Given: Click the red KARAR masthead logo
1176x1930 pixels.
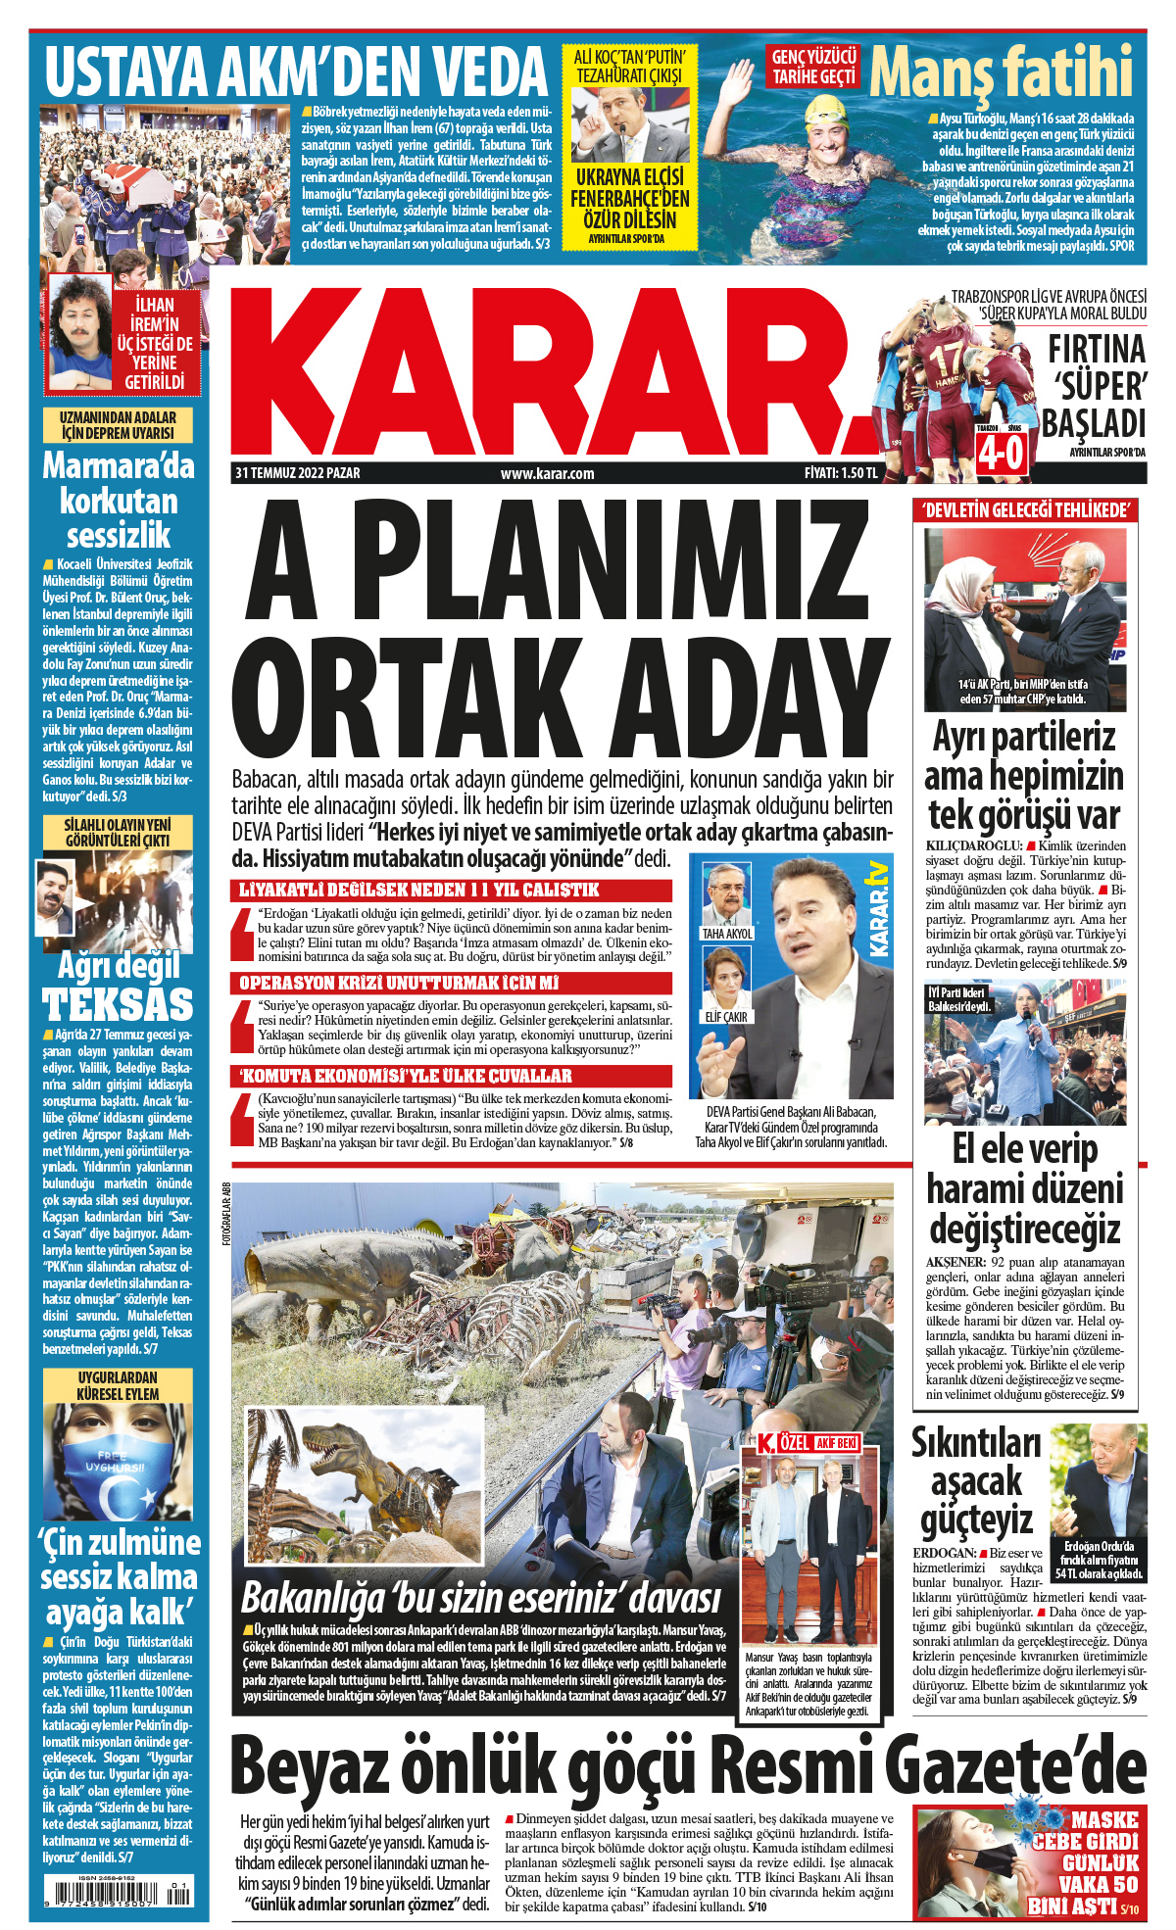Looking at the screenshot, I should point(549,372).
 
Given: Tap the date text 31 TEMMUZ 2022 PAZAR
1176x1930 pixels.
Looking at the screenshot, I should point(298,473).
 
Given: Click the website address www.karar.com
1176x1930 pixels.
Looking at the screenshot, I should point(547,473).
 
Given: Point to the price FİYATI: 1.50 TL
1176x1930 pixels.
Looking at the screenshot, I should point(840,473).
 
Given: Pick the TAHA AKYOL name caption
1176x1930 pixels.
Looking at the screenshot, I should point(727,934).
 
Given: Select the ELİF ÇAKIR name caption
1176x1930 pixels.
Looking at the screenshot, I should point(726,1017).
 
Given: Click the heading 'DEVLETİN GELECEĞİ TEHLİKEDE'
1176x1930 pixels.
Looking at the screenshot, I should point(1025,509).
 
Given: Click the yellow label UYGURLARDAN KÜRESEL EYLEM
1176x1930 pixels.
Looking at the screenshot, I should point(118,1385).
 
